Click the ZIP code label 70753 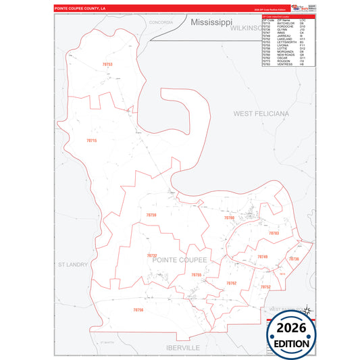tap(107, 64)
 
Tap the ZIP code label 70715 tap(92, 140)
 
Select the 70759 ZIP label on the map tap(151, 215)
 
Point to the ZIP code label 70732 tap(152, 256)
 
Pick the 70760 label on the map tap(230, 218)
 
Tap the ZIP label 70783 tap(274, 233)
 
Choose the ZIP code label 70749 tap(263, 257)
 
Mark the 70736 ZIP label tap(294, 259)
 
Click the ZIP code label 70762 tap(232, 283)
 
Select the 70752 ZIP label tap(265, 287)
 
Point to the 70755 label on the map tap(197, 275)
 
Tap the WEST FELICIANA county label tap(261, 113)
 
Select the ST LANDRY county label tap(74, 264)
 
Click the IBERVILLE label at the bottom tap(183, 346)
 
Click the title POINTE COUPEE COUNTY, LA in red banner tap(80, 8)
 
